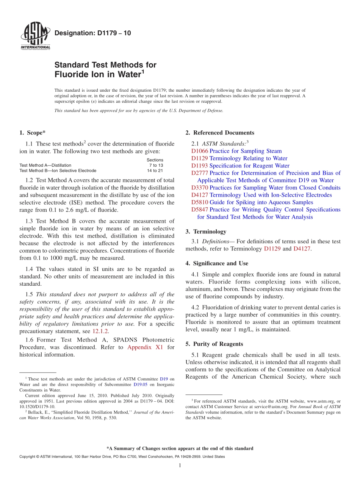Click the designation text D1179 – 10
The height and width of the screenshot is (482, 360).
click(93, 33)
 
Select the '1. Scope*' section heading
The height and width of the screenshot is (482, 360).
click(32, 133)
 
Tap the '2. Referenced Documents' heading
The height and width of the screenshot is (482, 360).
click(220, 133)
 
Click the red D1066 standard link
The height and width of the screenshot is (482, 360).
click(200, 151)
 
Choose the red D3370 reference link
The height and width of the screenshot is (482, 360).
click(200, 188)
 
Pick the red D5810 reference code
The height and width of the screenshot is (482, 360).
click(200, 202)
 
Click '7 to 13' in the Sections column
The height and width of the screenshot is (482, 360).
click(156, 165)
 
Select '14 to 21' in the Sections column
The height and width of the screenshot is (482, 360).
click(155, 171)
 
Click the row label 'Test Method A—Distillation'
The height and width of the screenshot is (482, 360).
click(45, 165)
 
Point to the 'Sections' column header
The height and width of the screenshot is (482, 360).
click(155, 160)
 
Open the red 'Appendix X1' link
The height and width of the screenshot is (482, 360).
click(145, 347)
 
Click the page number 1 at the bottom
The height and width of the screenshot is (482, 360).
click(180, 465)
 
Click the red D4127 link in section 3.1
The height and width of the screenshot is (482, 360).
click(302, 249)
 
